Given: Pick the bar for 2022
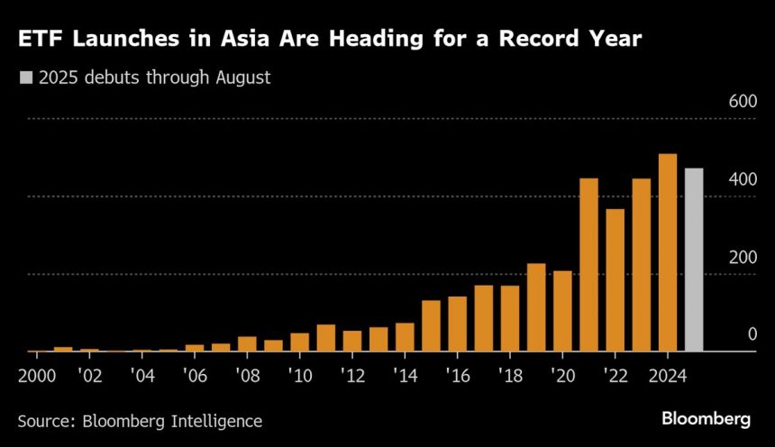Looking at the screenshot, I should (615, 280).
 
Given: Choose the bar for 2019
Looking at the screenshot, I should (536, 307).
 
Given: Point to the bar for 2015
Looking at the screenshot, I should (431, 325).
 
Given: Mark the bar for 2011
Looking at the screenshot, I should (325, 338).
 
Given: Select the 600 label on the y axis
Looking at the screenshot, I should (743, 102).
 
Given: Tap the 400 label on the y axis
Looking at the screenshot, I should (743, 180).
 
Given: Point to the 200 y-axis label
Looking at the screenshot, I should (743, 258).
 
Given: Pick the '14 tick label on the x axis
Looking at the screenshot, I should (405, 374).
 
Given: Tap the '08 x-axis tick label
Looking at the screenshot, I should (247, 374).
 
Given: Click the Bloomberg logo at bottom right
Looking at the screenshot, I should (706, 419).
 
